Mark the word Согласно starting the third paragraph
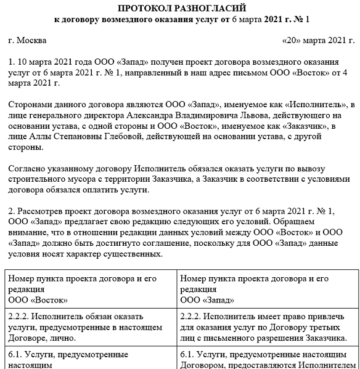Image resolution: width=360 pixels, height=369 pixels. [x=27, y=169]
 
